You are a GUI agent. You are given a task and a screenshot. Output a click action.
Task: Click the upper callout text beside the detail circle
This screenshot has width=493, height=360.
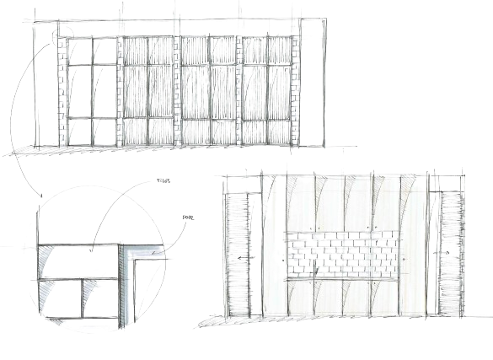click(x=163, y=180)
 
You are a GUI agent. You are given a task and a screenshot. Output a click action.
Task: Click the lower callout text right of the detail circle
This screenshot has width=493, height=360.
click(x=189, y=218)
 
